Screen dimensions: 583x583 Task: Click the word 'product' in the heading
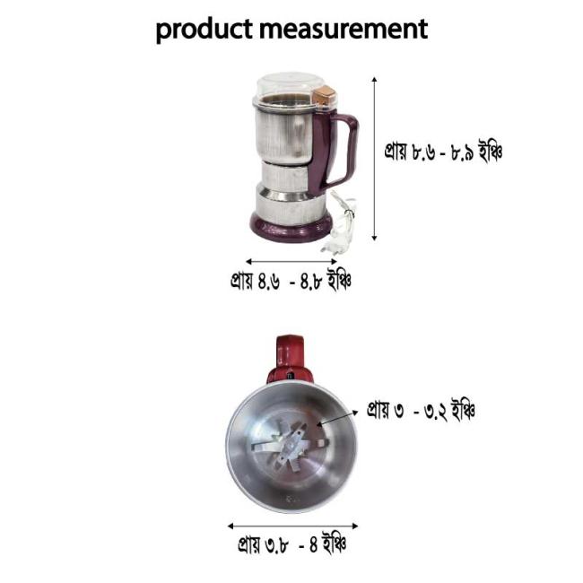pyautogui.click(x=204, y=30)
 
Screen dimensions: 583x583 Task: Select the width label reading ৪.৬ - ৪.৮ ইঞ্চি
pyautogui.click(x=290, y=282)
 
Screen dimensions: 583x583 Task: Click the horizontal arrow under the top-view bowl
pyautogui.click(x=292, y=526)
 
